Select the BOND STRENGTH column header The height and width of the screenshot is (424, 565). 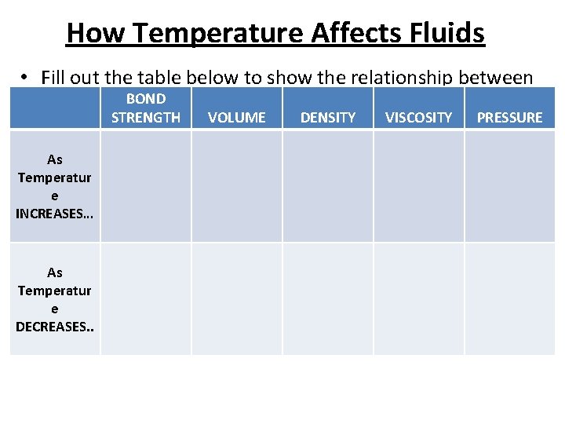click(x=146, y=108)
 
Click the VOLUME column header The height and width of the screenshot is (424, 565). click(x=237, y=117)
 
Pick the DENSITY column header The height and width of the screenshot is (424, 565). click(x=328, y=117)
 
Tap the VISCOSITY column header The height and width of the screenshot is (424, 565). click(x=419, y=117)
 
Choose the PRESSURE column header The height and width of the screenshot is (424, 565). click(x=510, y=117)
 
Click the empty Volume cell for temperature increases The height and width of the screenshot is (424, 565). click(x=237, y=186)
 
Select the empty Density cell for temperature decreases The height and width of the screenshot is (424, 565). click(x=328, y=298)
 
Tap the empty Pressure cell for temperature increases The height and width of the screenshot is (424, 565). click(x=510, y=186)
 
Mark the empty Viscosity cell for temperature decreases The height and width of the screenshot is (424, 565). click(x=419, y=298)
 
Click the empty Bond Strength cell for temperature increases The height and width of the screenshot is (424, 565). click(x=146, y=186)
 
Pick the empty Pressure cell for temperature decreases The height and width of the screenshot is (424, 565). click(x=510, y=298)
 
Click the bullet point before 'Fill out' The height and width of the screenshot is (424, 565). click(x=26, y=77)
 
